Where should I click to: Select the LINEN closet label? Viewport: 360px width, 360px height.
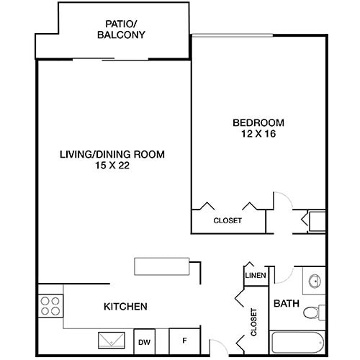click(x=256, y=276)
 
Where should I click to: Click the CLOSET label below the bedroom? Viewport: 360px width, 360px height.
click(x=228, y=221)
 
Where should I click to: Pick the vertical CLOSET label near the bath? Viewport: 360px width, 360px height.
click(x=254, y=323)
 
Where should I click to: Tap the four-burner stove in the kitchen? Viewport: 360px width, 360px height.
click(x=50, y=305)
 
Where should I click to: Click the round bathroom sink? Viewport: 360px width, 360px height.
click(x=314, y=282)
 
